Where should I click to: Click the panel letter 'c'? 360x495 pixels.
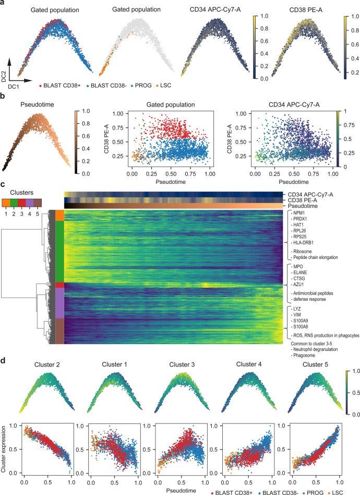(3, 184)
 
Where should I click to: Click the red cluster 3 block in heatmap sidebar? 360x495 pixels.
(59, 285)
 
